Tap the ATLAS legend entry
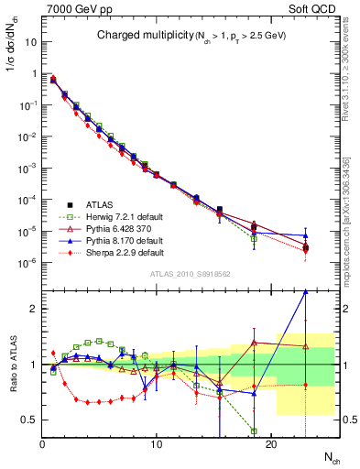tap(95, 204)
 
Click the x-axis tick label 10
tap(157, 444)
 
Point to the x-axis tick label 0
tap(43, 444)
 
